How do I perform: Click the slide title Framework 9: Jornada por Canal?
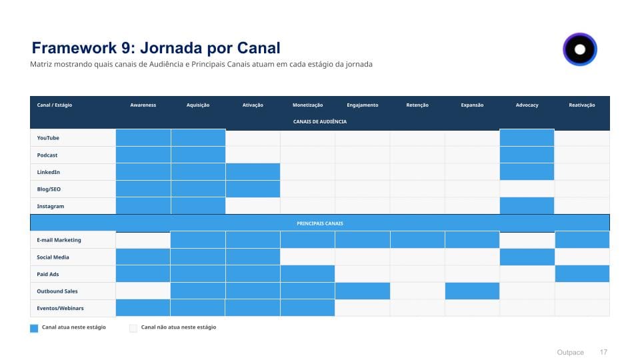[x=156, y=48]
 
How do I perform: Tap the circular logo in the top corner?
[x=580, y=49]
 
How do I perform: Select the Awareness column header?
[x=143, y=105]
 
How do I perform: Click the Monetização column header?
[x=307, y=105]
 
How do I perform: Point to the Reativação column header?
[x=582, y=105]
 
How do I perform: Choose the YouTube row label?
[x=48, y=138]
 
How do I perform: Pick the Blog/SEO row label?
[x=49, y=189]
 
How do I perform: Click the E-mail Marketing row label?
[x=59, y=240]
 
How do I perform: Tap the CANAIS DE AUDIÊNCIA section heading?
[x=320, y=122]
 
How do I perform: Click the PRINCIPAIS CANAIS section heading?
[x=320, y=223]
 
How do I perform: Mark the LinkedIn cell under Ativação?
[x=253, y=172]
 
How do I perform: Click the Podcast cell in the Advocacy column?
[x=527, y=155]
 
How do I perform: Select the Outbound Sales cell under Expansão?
[x=472, y=291]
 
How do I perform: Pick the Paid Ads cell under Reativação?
[x=582, y=274]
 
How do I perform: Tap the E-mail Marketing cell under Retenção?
[x=417, y=240]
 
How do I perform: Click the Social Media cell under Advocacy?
[x=527, y=257]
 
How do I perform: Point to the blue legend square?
[x=34, y=328]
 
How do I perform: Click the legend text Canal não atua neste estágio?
[x=179, y=327]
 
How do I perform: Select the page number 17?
[x=604, y=352]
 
